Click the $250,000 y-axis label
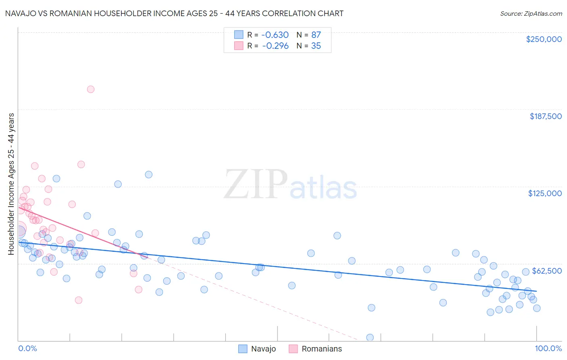544,39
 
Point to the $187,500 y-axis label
545,116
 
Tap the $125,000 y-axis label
545,193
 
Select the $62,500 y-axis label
547,271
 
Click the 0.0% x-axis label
27,349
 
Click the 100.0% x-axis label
548,349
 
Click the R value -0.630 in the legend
275,35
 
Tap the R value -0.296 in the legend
275,46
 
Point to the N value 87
316,35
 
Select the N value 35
316,46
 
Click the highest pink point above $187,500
91,89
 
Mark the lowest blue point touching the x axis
370,337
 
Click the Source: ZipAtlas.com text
531,14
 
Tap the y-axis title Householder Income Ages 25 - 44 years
11,184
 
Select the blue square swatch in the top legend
239,35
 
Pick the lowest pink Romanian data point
79,300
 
